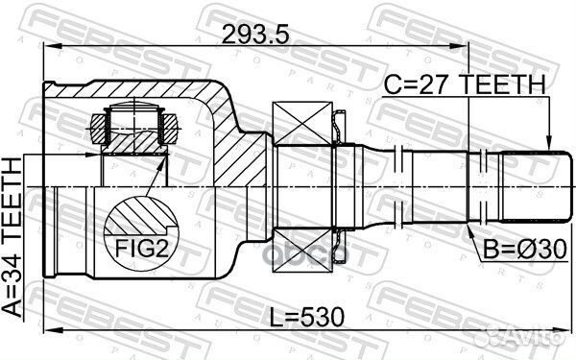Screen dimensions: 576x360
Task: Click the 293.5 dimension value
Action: point(255,35)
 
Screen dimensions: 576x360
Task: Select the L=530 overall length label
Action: point(307,317)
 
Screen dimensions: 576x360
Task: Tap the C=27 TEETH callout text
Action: point(465,84)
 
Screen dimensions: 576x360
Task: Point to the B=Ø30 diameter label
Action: point(525,249)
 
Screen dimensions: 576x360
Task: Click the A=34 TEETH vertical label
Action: point(12,237)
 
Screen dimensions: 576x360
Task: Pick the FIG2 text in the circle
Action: point(142,249)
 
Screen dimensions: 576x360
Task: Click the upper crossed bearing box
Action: point(302,124)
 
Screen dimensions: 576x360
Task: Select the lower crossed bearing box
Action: point(302,251)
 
